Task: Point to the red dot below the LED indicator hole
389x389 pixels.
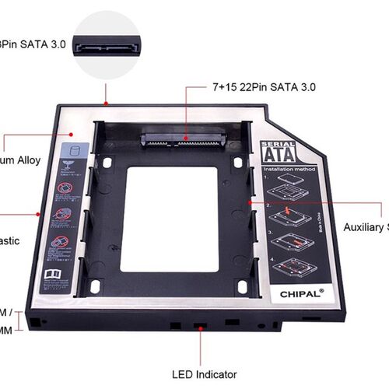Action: click(202, 329)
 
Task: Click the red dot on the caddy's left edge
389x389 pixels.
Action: click(40, 210)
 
